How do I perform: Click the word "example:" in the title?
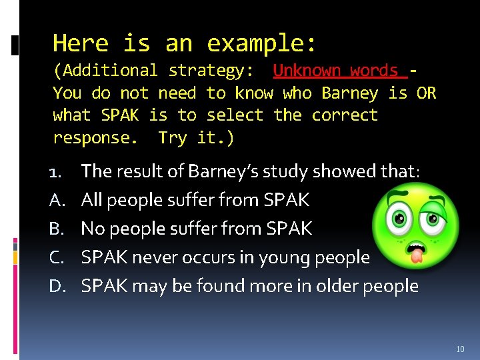tap(262, 44)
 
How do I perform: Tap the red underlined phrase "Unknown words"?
tap(336, 71)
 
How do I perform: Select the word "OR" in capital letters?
tap(427, 93)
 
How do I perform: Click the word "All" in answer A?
tap(93, 200)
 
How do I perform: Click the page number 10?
tap(461, 349)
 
